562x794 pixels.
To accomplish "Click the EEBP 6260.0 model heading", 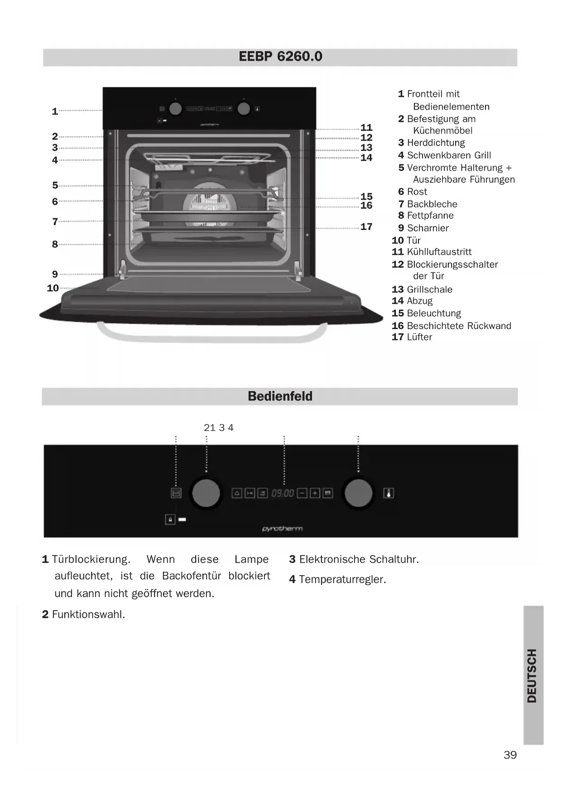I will pyautogui.click(x=280, y=57).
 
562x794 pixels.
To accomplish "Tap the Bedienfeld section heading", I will pyautogui.click(x=280, y=396).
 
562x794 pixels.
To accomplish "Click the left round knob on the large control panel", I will pyautogui.click(x=206, y=493).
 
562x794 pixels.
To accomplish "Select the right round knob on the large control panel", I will pyautogui.click(x=358, y=493).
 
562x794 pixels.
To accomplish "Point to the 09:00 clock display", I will pyautogui.click(x=283, y=493).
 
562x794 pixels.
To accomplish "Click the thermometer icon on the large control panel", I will pyautogui.click(x=389, y=493).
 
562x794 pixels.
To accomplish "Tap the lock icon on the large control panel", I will pyautogui.click(x=170, y=519).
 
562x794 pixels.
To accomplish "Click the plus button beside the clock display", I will pyautogui.click(x=315, y=493).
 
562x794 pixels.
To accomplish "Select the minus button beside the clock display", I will pyautogui.click(x=302, y=493).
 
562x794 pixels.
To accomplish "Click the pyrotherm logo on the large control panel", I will pyautogui.click(x=282, y=528).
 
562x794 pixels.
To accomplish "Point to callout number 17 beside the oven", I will pyautogui.click(x=366, y=227).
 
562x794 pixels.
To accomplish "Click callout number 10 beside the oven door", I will pyautogui.click(x=53, y=288).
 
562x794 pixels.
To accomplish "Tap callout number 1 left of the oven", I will pyautogui.click(x=55, y=111).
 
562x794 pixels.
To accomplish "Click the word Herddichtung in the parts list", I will pyautogui.click(x=436, y=143).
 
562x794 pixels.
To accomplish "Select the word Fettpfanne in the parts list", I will pyautogui.click(x=430, y=215).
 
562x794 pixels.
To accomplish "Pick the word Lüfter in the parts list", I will pyautogui.click(x=419, y=337).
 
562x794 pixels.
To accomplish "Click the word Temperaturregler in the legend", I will pyautogui.click(x=342, y=579).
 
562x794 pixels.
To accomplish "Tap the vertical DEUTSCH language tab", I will pyautogui.click(x=533, y=675).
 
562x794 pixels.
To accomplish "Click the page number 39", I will pyautogui.click(x=510, y=755).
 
